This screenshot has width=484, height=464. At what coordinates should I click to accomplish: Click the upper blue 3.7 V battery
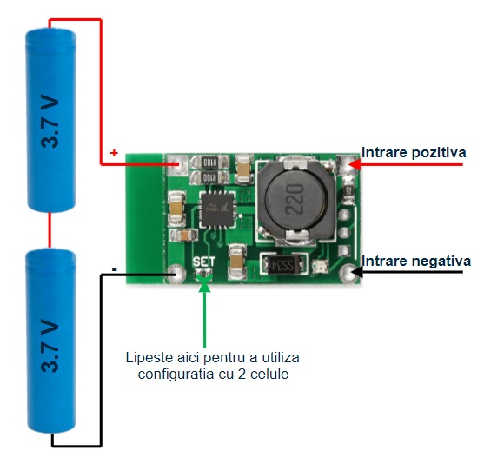[x=51, y=120]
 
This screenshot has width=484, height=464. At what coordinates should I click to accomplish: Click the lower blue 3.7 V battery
[x=51, y=341]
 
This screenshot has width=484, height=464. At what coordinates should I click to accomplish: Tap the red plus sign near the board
[x=114, y=153]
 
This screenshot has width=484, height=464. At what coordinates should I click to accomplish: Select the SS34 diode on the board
[x=283, y=264]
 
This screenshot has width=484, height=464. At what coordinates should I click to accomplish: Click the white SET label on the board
[x=203, y=262]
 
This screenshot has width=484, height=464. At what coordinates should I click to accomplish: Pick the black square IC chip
[x=216, y=210]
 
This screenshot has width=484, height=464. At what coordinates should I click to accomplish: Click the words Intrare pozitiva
[x=414, y=153]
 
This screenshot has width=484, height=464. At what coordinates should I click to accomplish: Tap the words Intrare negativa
[x=416, y=262]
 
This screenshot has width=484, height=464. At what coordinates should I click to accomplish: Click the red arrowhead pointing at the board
[x=356, y=164]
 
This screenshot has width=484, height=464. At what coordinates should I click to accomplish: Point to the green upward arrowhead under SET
[x=204, y=287]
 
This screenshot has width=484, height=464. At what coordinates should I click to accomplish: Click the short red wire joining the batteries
[x=50, y=230]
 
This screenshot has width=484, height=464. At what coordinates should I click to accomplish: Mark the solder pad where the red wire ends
[x=177, y=164]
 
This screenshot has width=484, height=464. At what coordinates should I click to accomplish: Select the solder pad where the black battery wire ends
[x=176, y=274]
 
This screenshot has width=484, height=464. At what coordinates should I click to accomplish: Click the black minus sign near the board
[x=115, y=269]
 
